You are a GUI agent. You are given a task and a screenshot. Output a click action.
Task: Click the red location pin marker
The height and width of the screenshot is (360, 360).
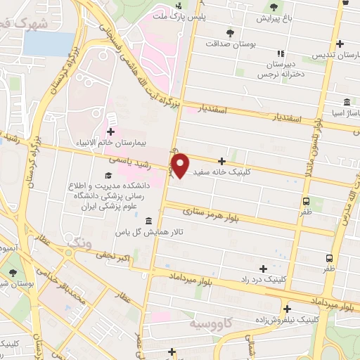click(181, 165)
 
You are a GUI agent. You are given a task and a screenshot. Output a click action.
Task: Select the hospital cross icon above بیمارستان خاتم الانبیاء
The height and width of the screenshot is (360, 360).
click(111, 131)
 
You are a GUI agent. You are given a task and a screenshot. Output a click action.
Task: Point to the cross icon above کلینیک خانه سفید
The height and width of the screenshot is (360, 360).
click(222, 161)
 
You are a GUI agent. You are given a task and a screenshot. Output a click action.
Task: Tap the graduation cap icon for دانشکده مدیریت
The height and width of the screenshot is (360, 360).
click(108, 175)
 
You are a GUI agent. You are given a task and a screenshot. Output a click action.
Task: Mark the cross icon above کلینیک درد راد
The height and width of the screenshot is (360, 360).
click(263, 269)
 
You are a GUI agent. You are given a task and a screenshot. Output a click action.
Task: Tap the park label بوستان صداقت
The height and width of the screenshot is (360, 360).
click(229, 43)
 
